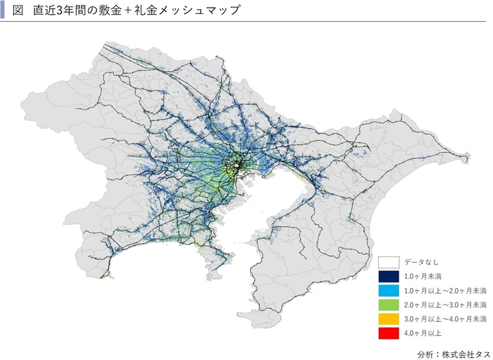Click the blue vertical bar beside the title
click(x=6, y=11)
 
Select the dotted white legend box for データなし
click(x=388, y=261)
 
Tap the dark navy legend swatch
click(x=388, y=276)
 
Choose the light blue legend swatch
click(x=388, y=290)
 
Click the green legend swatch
click(x=388, y=305)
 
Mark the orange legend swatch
click(x=388, y=319)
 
